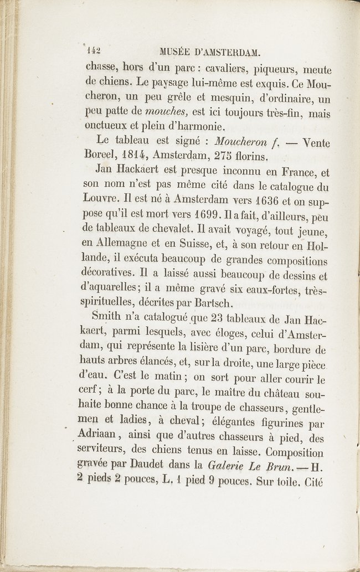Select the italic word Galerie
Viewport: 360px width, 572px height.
click(x=228, y=467)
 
